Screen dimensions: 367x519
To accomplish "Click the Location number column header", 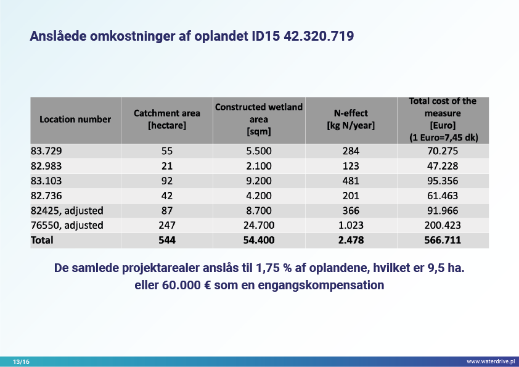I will tap(75, 120).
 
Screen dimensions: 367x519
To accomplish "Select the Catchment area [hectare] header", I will tap(166, 120).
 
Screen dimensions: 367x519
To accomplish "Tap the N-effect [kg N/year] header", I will tap(350, 120).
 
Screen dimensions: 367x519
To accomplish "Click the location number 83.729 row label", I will tap(46, 151).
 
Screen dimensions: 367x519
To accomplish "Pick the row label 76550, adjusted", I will tap(67, 225).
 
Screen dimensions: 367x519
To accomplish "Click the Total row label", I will tap(42, 240).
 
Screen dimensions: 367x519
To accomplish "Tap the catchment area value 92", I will tap(166, 181).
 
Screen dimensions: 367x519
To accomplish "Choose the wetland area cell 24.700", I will tap(259, 225).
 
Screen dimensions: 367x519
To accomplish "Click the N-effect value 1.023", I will tap(350, 225).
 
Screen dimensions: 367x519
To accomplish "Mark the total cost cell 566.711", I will tap(443, 240).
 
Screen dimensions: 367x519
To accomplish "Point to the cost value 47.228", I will tap(443, 166).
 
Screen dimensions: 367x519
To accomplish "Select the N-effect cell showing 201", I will tap(350, 196).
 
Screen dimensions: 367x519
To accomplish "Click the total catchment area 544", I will tap(166, 240).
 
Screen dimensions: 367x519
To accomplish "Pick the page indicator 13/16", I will tap(21, 361).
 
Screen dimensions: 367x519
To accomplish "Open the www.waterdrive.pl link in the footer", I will tap(490, 361).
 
